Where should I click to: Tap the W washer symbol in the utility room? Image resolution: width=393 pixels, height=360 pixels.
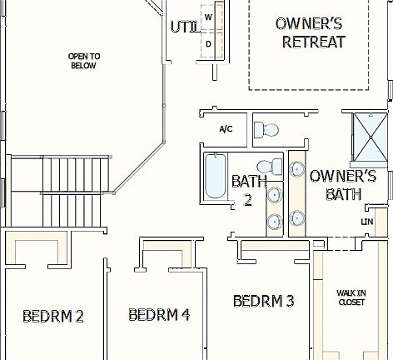[x=209, y=17]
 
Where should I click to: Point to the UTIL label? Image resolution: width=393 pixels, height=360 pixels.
[x=183, y=27]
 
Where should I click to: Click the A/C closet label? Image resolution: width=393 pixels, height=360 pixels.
[x=226, y=129]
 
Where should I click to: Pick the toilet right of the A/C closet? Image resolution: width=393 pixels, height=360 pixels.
[x=267, y=130]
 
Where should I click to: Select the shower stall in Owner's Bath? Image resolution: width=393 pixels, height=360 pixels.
[x=369, y=137]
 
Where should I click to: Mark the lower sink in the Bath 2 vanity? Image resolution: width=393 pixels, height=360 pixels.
[x=274, y=221]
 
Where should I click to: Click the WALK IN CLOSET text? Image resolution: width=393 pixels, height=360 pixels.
[x=351, y=297]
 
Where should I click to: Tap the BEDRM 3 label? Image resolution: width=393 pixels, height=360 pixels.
[x=264, y=301]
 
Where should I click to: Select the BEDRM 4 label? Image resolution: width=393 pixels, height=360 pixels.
[x=159, y=314]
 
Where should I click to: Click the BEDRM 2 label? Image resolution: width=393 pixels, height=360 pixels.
[x=53, y=316]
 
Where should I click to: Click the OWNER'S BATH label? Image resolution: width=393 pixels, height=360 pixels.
[x=342, y=185]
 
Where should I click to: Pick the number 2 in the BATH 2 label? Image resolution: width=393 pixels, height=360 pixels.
[x=247, y=200]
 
